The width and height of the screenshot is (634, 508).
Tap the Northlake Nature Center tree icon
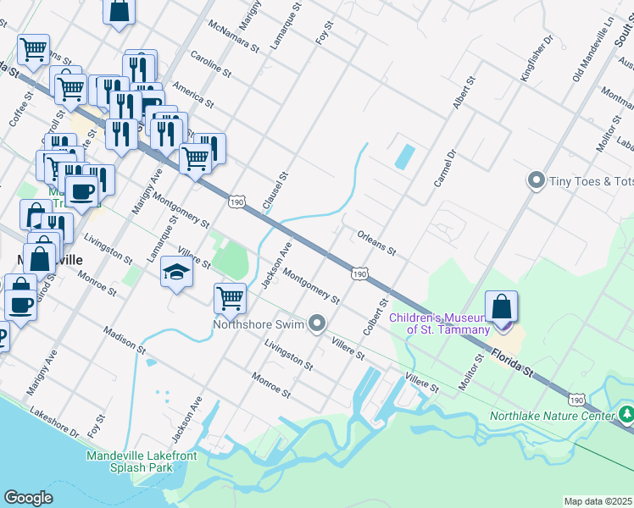(626, 414)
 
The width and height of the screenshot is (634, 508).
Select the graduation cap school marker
(176, 272)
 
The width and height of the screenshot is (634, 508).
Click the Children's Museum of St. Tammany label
(439, 323)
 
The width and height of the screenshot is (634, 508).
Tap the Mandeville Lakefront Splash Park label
(142, 461)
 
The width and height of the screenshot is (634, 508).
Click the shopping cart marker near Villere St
(230, 298)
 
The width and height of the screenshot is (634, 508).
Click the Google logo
(28, 498)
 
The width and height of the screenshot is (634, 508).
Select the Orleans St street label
(377, 242)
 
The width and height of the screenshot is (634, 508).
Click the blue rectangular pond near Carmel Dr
(405, 156)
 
